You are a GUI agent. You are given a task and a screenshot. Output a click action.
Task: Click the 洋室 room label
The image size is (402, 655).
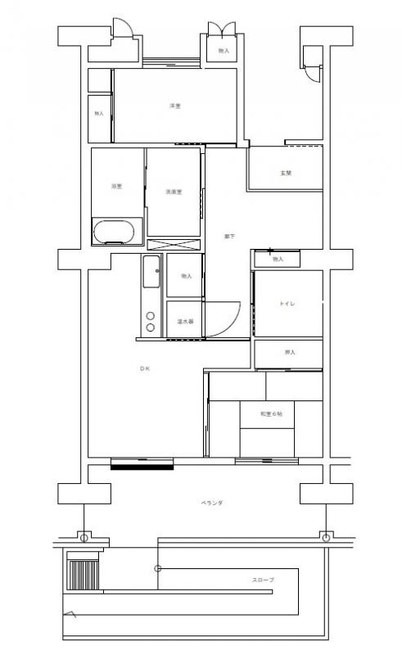[174, 106]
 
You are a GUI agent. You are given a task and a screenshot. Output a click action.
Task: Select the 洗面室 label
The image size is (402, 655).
[174, 192]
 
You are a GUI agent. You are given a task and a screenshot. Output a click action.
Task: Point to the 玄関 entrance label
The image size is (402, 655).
[286, 174]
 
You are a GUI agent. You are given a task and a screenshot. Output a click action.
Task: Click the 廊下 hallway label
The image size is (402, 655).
[230, 237]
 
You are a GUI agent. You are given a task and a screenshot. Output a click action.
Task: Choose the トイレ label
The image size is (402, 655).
[287, 304]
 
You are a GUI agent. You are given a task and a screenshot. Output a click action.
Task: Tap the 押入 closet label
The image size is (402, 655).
[289, 353]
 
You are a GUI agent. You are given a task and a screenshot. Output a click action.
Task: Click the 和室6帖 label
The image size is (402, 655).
[272, 414]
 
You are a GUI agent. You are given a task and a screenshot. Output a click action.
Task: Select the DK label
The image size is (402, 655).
[144, 369]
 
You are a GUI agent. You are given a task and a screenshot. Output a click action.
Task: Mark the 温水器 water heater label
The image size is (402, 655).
[185, 322]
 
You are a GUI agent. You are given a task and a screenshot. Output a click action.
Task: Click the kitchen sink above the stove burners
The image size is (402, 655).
[151, 272]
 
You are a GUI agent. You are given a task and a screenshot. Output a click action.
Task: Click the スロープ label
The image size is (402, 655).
[263, 580]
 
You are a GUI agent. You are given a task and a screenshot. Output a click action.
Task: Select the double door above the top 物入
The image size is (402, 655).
[223, 29]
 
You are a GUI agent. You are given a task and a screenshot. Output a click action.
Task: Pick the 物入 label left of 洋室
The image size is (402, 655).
[99, 113]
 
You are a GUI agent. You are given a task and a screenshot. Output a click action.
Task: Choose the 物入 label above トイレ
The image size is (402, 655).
[278, 260]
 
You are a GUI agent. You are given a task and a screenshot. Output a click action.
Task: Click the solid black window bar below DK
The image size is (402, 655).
[142, 468]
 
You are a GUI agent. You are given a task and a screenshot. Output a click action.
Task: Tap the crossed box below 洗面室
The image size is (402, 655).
[174, 243]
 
